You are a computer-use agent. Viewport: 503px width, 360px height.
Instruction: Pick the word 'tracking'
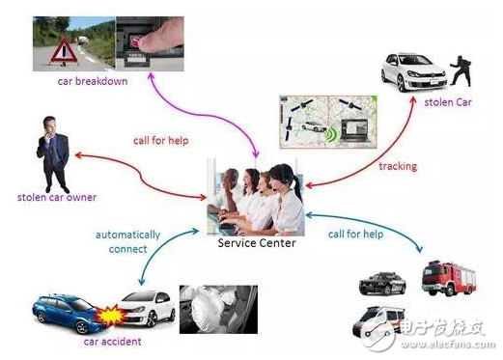tap(398, 166)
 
